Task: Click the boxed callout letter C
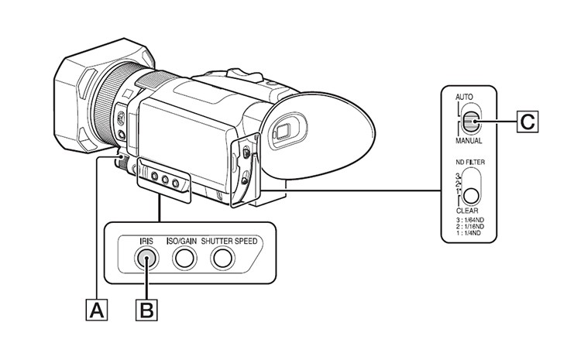point(527,121)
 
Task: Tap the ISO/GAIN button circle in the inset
point(183,259)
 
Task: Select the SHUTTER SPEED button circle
point(223,259)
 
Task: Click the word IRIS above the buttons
point(146,241)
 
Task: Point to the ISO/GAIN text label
point(182,241)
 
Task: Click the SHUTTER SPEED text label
point(229,241)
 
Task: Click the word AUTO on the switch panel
point(464,99)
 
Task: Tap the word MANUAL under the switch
point(469,142)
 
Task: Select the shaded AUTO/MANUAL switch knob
point(473,121)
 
